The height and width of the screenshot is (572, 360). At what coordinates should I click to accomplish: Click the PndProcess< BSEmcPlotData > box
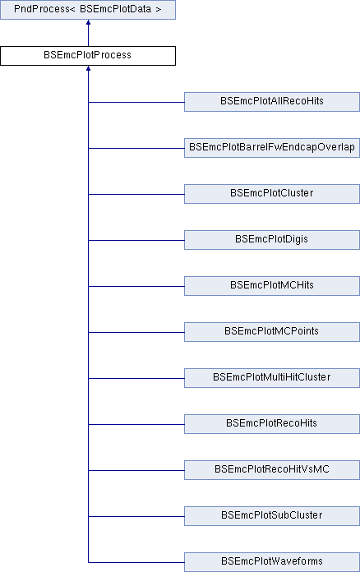88,10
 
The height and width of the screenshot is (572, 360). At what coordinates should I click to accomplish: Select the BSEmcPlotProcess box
88,56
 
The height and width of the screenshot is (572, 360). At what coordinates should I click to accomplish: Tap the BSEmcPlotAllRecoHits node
272,102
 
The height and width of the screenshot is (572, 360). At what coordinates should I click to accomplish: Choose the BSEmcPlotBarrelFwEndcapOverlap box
272,148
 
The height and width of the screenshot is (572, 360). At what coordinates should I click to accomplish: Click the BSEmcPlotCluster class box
272,194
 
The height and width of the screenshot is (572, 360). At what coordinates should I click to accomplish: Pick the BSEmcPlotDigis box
272,240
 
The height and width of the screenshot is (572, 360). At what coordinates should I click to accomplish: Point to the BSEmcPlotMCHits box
272,286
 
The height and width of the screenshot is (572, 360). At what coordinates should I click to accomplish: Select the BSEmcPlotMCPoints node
272,331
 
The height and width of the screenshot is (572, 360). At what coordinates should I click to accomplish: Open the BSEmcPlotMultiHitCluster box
272,377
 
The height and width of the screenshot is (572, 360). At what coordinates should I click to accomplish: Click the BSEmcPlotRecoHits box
272,423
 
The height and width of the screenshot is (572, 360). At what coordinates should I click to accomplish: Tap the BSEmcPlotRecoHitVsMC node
272,469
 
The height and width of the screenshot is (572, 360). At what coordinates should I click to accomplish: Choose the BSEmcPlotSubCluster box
272,515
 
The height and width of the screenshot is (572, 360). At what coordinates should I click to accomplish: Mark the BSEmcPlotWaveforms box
272,562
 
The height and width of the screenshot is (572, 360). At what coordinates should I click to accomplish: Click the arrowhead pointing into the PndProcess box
88,22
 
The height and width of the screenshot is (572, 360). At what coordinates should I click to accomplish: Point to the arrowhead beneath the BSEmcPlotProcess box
88,68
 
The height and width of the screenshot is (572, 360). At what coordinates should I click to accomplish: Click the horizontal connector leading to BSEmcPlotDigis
136,240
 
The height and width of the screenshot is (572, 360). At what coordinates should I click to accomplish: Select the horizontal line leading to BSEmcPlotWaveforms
136,562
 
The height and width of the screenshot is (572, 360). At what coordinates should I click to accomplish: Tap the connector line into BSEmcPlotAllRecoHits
136,102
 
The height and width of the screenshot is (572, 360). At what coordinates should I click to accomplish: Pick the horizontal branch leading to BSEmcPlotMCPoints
136,332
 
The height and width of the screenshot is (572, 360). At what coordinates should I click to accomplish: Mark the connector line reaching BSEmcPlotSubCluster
136,516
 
